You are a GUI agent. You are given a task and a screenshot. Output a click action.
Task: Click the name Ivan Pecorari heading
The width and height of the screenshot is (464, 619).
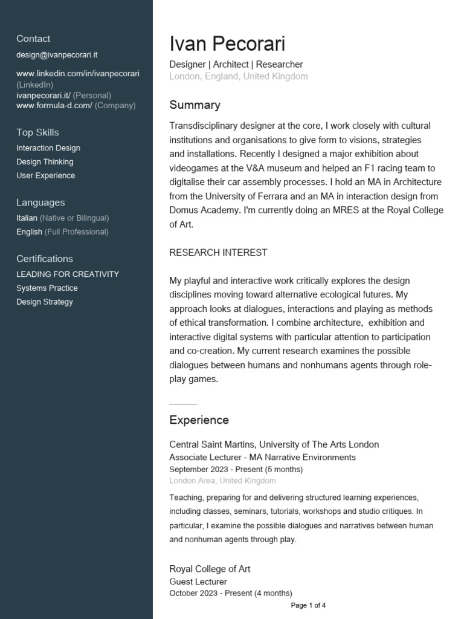pyautogui.click(x=227, y=44)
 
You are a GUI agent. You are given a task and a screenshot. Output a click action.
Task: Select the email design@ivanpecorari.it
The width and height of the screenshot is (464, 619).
pyautogui.click(x=57, y=55)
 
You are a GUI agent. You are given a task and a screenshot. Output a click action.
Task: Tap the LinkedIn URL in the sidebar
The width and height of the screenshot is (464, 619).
pyautogui.click(x=78, y=74)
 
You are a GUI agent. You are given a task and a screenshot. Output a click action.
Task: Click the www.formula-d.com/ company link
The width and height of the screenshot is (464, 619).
pyautogui.click(x=54, y=105)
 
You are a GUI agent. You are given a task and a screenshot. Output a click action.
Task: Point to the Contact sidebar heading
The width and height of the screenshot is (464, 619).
pyautogui.click(x=33, y=39)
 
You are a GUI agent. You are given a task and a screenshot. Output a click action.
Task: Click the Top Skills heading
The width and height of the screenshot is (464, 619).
pyautogui.click(x=37, y=132)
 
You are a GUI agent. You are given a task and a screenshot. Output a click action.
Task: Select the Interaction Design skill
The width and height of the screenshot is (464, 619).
pyautogui.click(x=48, y=148)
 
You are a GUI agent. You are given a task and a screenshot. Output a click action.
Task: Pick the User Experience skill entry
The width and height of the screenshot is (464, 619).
pyautogui.click(x=46, y=176)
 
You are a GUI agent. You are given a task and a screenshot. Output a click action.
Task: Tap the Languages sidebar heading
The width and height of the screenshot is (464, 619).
pyautogui.click(x=40, y=203)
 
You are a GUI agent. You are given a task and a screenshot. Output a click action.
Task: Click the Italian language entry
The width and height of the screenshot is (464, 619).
pyautogui.click(x=27, y=218)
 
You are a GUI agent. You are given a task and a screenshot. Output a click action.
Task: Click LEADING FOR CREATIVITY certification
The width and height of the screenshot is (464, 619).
pyautogui.click(x=68, y=274)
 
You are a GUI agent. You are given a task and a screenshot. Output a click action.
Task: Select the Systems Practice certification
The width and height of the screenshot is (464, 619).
pyautogui.click(x=47, y=288)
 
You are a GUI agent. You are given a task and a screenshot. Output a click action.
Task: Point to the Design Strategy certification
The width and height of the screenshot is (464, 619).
pyautogui.click(x=45, y=302)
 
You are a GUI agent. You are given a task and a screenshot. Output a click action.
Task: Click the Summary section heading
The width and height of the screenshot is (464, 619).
pyautogui.click(x=195, y=105)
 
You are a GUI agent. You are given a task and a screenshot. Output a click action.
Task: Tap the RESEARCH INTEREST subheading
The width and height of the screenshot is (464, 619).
pyautogui.click(x=218, y=253)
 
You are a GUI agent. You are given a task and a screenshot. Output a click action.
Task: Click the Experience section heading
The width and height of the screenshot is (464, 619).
pyautogui.click(x=199, y=420)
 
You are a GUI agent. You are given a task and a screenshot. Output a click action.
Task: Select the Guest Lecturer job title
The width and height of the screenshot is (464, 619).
pyautogui.click(x=198, y=582)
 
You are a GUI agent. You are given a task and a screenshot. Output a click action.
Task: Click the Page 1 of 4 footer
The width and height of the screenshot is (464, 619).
pyautogui.click(x=308, y=605)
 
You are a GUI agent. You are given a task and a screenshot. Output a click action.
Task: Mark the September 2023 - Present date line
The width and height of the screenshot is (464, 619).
pyautogui.click(x=236, y=469)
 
